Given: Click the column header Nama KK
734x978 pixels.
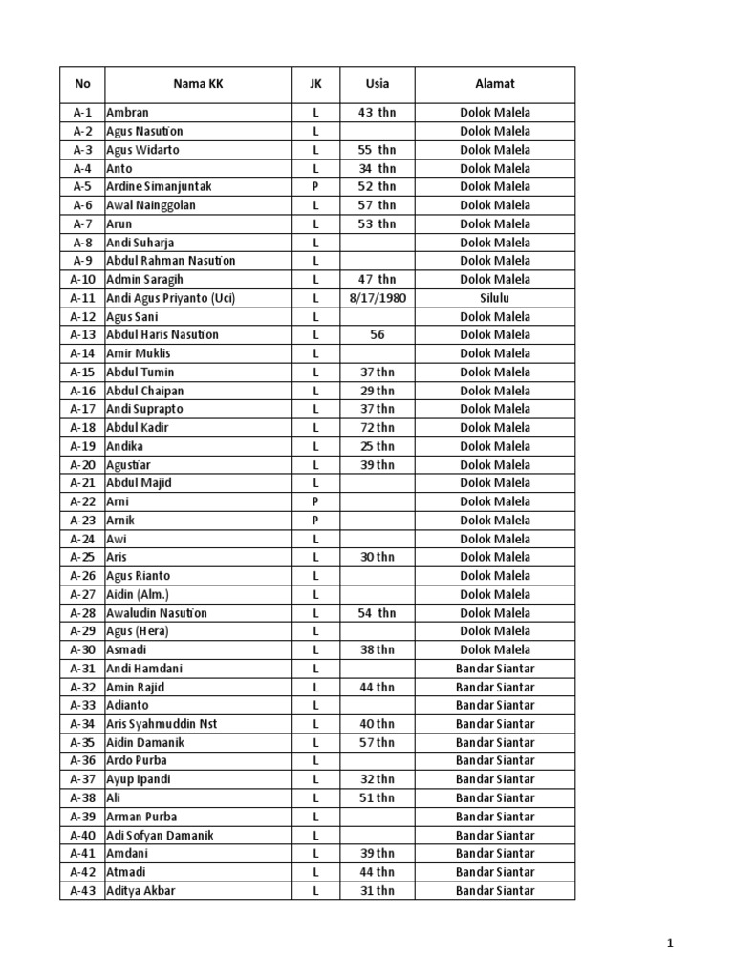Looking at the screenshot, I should click(198, 84).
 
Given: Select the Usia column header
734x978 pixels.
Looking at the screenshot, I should click(377, 84).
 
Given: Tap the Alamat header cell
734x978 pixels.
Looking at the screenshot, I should click(495, 84).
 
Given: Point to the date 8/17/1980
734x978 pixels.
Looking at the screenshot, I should click(377, 298).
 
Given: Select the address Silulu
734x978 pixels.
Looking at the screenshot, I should click(495, 298).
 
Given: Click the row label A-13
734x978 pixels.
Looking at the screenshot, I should click(82, 335).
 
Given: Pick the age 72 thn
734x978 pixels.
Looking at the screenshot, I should click(377, 428).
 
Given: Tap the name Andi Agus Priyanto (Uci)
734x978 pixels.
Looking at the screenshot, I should click(171, 298).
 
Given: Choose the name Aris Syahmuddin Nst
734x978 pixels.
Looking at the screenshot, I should click(162, 724).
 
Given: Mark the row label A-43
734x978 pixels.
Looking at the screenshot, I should click(82, 891).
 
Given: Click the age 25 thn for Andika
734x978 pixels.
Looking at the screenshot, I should click(377, 446).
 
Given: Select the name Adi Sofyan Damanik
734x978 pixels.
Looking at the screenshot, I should click(160, 836).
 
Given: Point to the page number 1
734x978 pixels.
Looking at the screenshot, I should click(670, 945).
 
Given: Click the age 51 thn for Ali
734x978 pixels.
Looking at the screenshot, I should click(377, 798).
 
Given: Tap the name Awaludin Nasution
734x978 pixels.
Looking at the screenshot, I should click(157, 613).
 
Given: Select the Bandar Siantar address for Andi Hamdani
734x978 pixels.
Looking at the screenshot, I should click(495, 669).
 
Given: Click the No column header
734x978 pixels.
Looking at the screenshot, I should click(82, 84).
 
